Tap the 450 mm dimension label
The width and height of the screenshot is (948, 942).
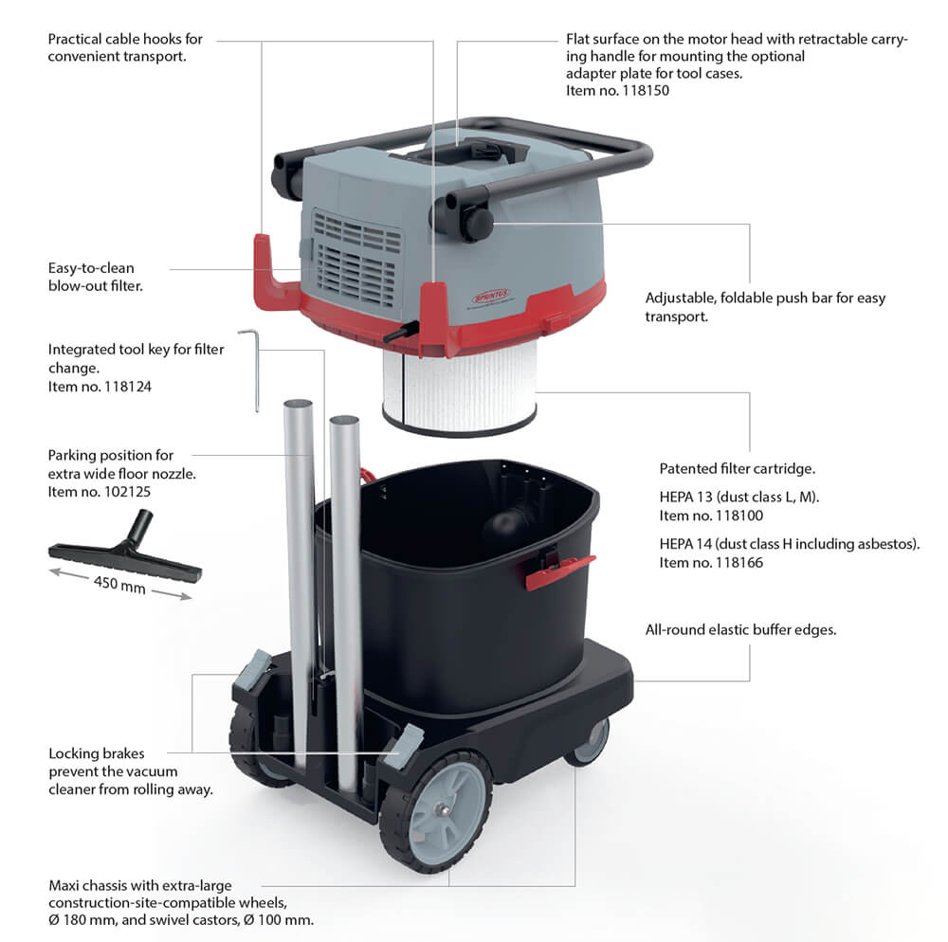(x=119, y=584)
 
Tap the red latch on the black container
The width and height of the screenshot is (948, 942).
(x=559, y=571)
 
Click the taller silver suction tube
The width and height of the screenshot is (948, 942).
(x=301, y=578)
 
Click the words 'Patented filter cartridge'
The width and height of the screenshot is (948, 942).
(x=738, y=469)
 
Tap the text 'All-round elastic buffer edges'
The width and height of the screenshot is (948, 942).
(x=740, y=629)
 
